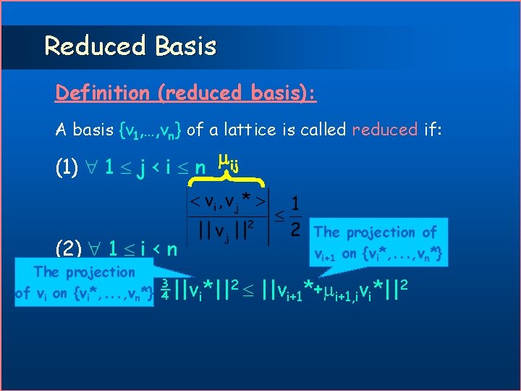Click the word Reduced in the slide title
[x=95, y=46]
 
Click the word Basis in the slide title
[x=185, y=46]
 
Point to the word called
[x=318, y=130]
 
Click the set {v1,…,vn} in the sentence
[x=149, y=130]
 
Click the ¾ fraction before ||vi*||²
[x=166, y=288]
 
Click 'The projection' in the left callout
[x=85, y=272]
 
